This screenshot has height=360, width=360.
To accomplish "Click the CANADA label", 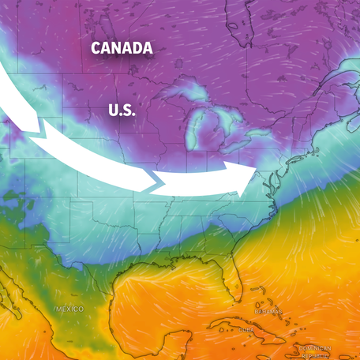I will tap(122, 48).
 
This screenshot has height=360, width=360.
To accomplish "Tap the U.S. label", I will tap(122, 111).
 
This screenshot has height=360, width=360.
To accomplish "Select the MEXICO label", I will tap(69, 308).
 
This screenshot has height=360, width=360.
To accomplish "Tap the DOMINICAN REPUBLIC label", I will tap(316, 351).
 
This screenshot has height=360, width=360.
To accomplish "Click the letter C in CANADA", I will tap(96, 48).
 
